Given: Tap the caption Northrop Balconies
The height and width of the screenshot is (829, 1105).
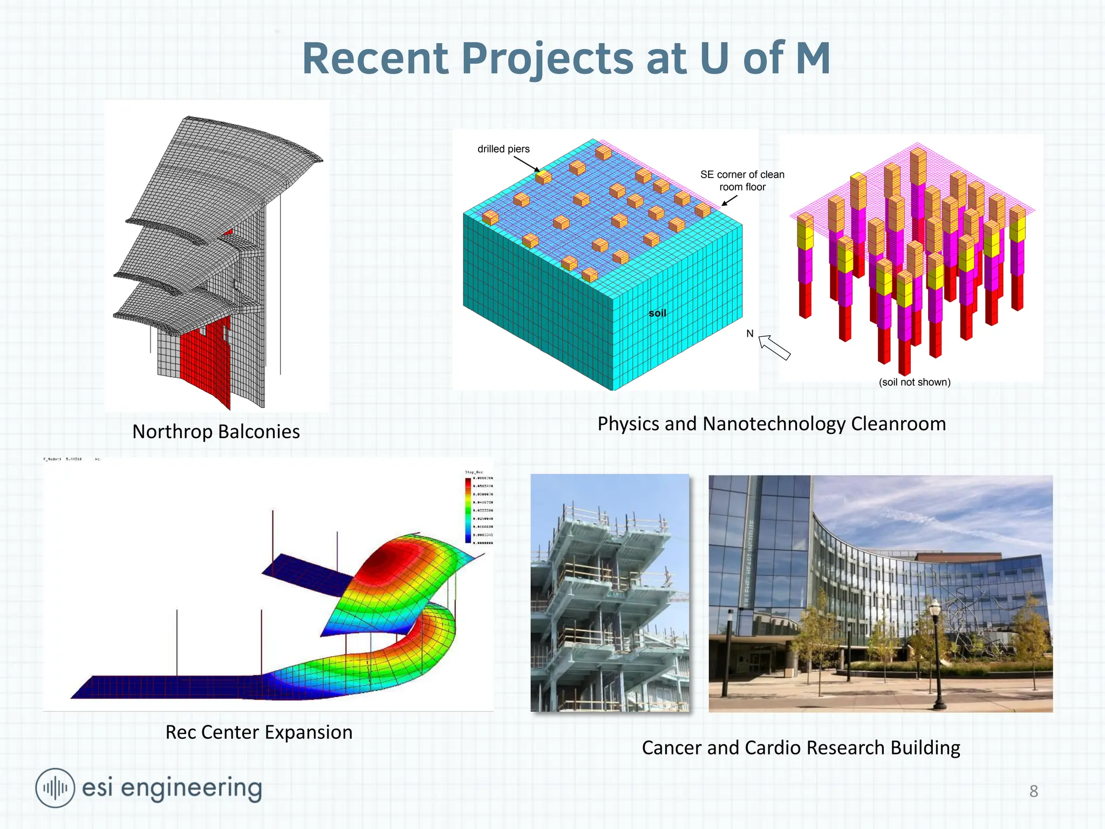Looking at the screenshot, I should point(216,432).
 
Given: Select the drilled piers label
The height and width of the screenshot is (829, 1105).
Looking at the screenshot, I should point(503,149).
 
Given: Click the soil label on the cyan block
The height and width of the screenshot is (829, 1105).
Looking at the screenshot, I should point(657,313).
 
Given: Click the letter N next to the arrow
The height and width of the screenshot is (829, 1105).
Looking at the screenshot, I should point(749,334).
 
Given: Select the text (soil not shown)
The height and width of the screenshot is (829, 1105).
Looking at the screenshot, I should point(915,382).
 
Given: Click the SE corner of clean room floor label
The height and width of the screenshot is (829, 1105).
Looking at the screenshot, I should point(742,181).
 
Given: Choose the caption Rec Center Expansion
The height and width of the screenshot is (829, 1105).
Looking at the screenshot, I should point(258,732).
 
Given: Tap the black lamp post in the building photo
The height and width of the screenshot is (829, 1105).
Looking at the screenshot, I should point(937,653).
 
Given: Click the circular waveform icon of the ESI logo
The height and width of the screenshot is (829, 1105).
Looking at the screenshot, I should point(55,788).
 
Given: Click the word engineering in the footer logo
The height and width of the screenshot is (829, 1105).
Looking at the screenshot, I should point(191,789).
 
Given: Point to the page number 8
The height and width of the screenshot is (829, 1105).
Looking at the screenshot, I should point(1033,791).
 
